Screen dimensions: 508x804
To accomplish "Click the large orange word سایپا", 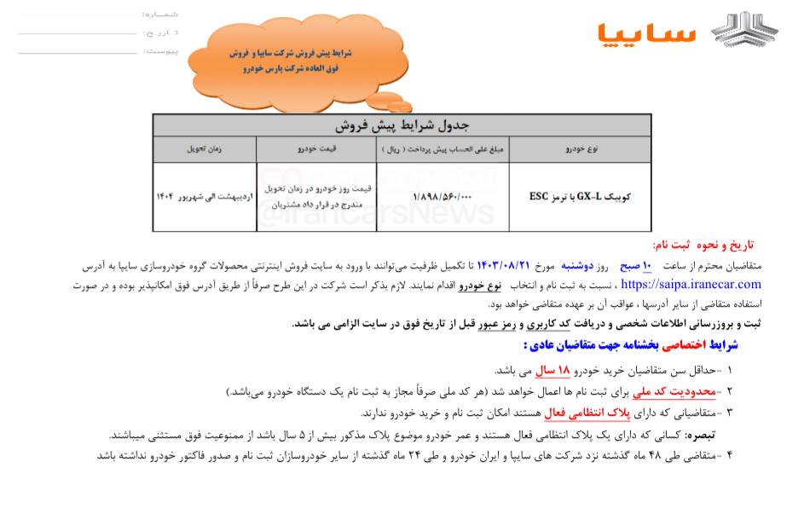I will tap(647, 32).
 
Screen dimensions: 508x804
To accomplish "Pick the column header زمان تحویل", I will tap(205, 149).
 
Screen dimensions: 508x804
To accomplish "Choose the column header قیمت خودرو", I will tap(316, 149).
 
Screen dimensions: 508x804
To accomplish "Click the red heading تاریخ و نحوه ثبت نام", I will tap(708, 245).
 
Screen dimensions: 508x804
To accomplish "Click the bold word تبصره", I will tap(697, 434).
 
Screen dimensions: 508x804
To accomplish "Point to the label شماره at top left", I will tap(162, 14).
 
